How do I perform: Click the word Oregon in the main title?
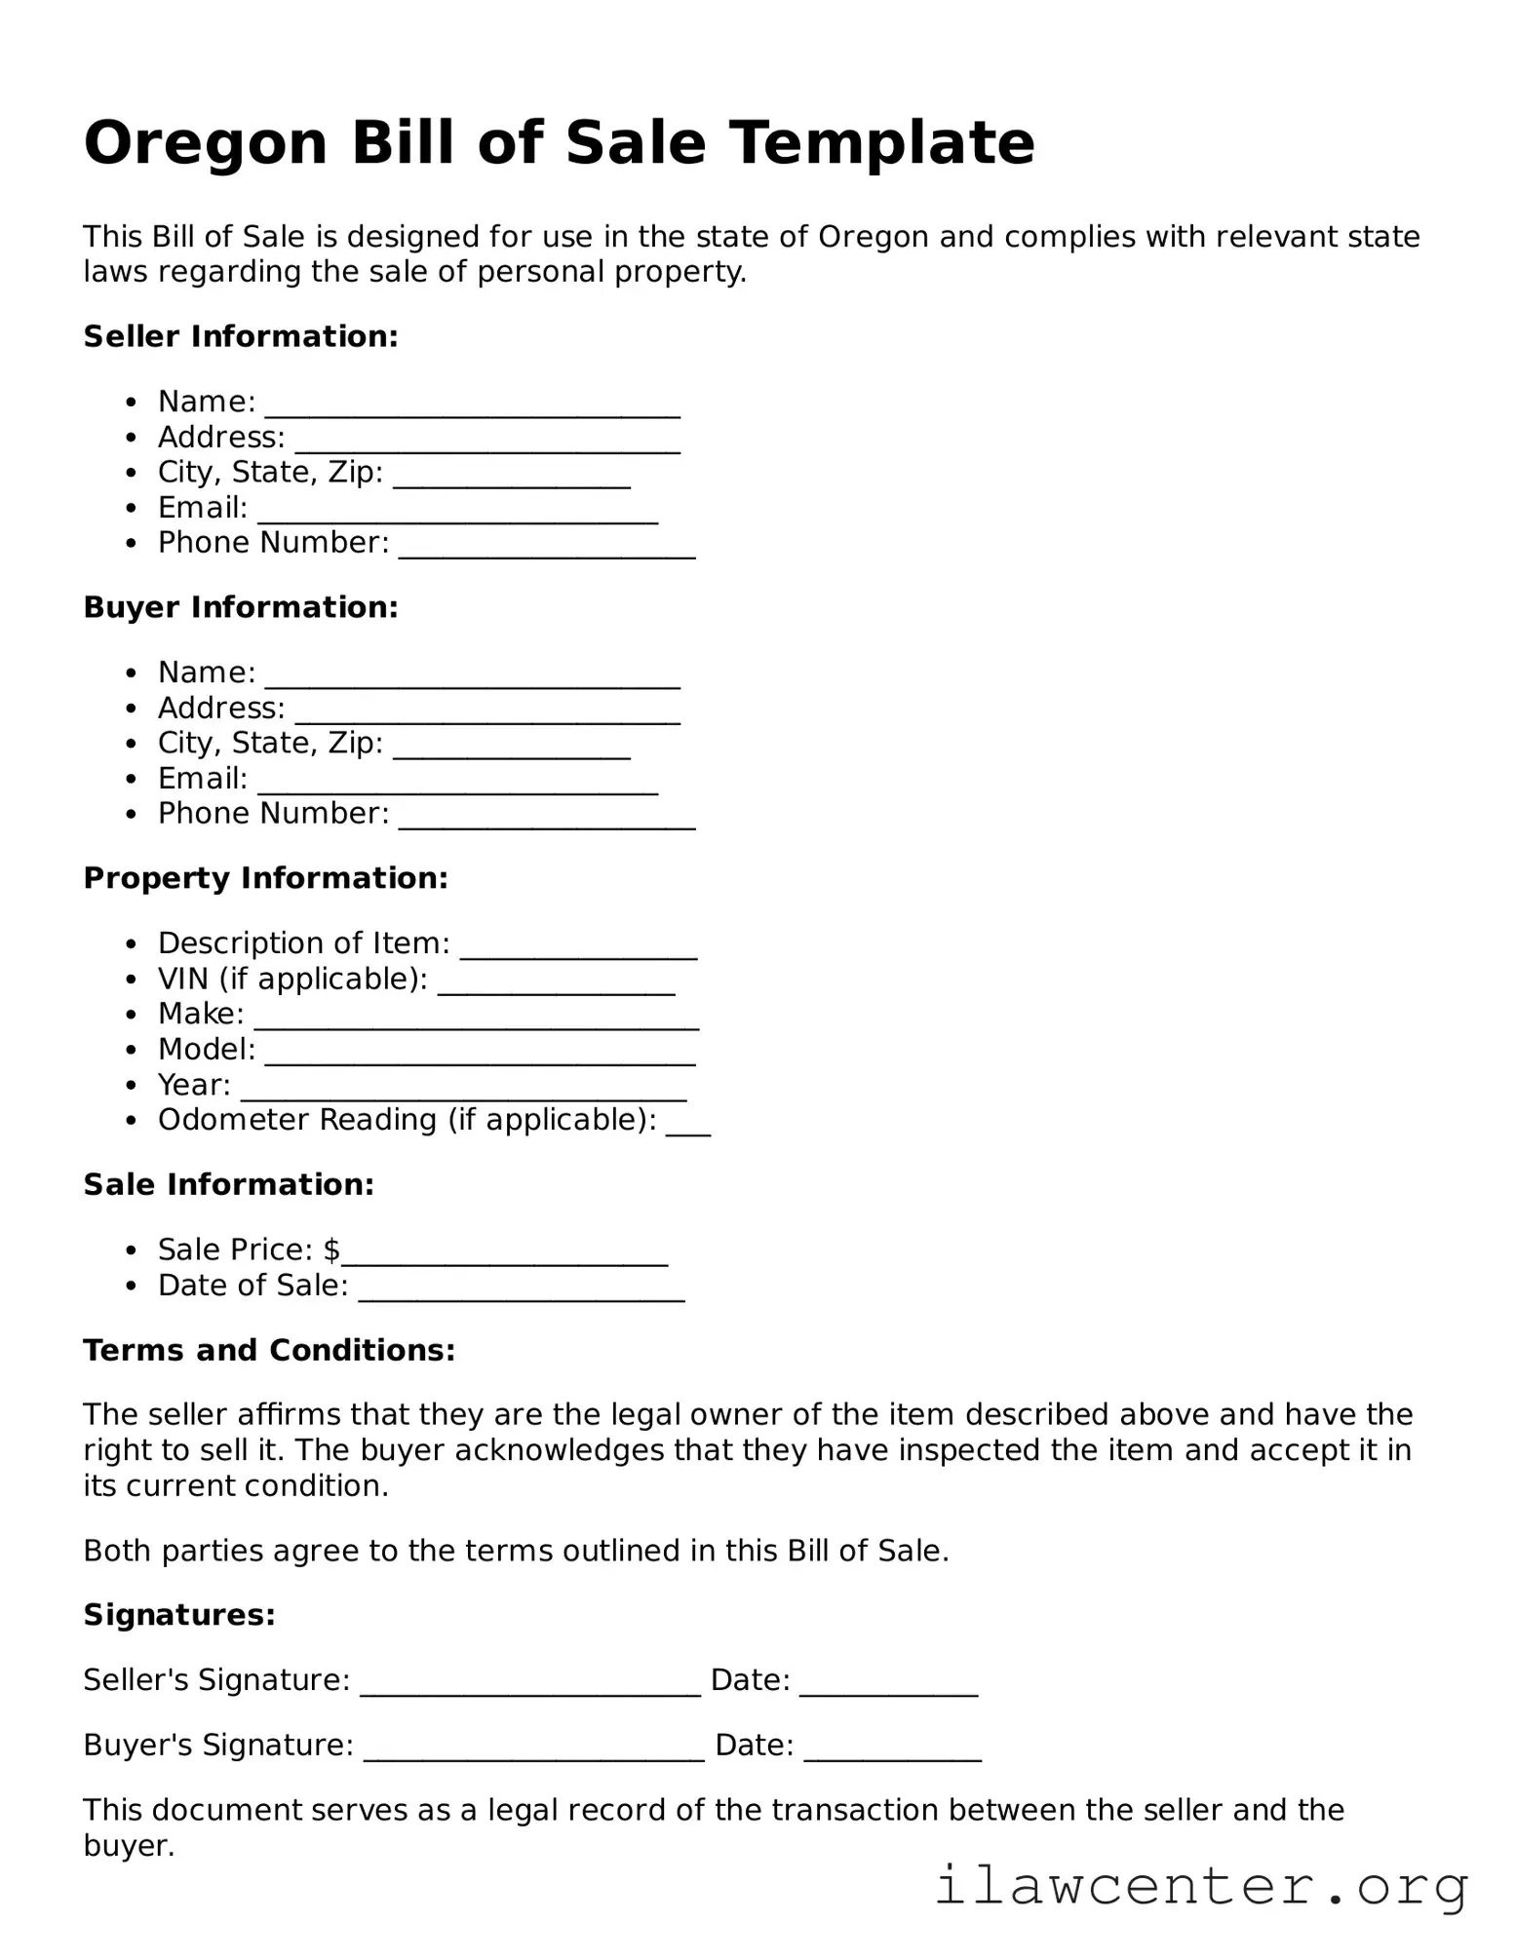[x=205, y=143]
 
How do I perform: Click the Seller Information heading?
[x=241, y=337]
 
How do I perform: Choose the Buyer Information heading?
[x=241, y=608]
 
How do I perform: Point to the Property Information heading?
[x=265, y=879]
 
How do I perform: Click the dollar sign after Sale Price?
[x=332, y=1250]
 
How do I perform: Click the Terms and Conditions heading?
[x=269, y=1351]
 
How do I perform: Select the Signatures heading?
[x=179, y=1616]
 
